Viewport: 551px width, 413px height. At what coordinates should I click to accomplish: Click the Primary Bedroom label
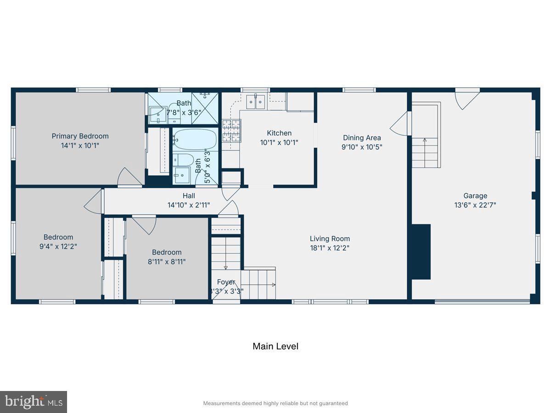point(80,136)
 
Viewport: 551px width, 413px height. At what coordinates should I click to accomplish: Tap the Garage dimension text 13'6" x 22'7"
point(475,205)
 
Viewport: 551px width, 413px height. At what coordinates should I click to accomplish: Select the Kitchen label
point(279,133)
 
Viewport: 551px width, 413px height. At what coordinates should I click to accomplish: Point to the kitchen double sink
point(255,101)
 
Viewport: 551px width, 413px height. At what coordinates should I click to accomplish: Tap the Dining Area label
point(362,138)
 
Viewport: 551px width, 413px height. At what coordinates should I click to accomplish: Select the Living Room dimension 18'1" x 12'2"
point(330,248)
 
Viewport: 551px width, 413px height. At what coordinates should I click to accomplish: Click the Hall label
point(189,196)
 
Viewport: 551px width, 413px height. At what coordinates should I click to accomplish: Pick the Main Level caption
point(275,346)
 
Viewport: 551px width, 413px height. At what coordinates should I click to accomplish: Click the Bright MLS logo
point(34,402)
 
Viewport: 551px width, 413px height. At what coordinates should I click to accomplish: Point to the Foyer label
point(226,282)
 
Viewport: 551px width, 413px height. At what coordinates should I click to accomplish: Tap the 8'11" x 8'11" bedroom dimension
point(167,262)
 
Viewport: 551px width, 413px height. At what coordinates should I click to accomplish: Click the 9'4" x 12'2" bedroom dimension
point(58,246)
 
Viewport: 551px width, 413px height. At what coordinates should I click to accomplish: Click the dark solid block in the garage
point(421,251)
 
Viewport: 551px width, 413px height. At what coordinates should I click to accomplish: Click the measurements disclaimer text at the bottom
point(275,403)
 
